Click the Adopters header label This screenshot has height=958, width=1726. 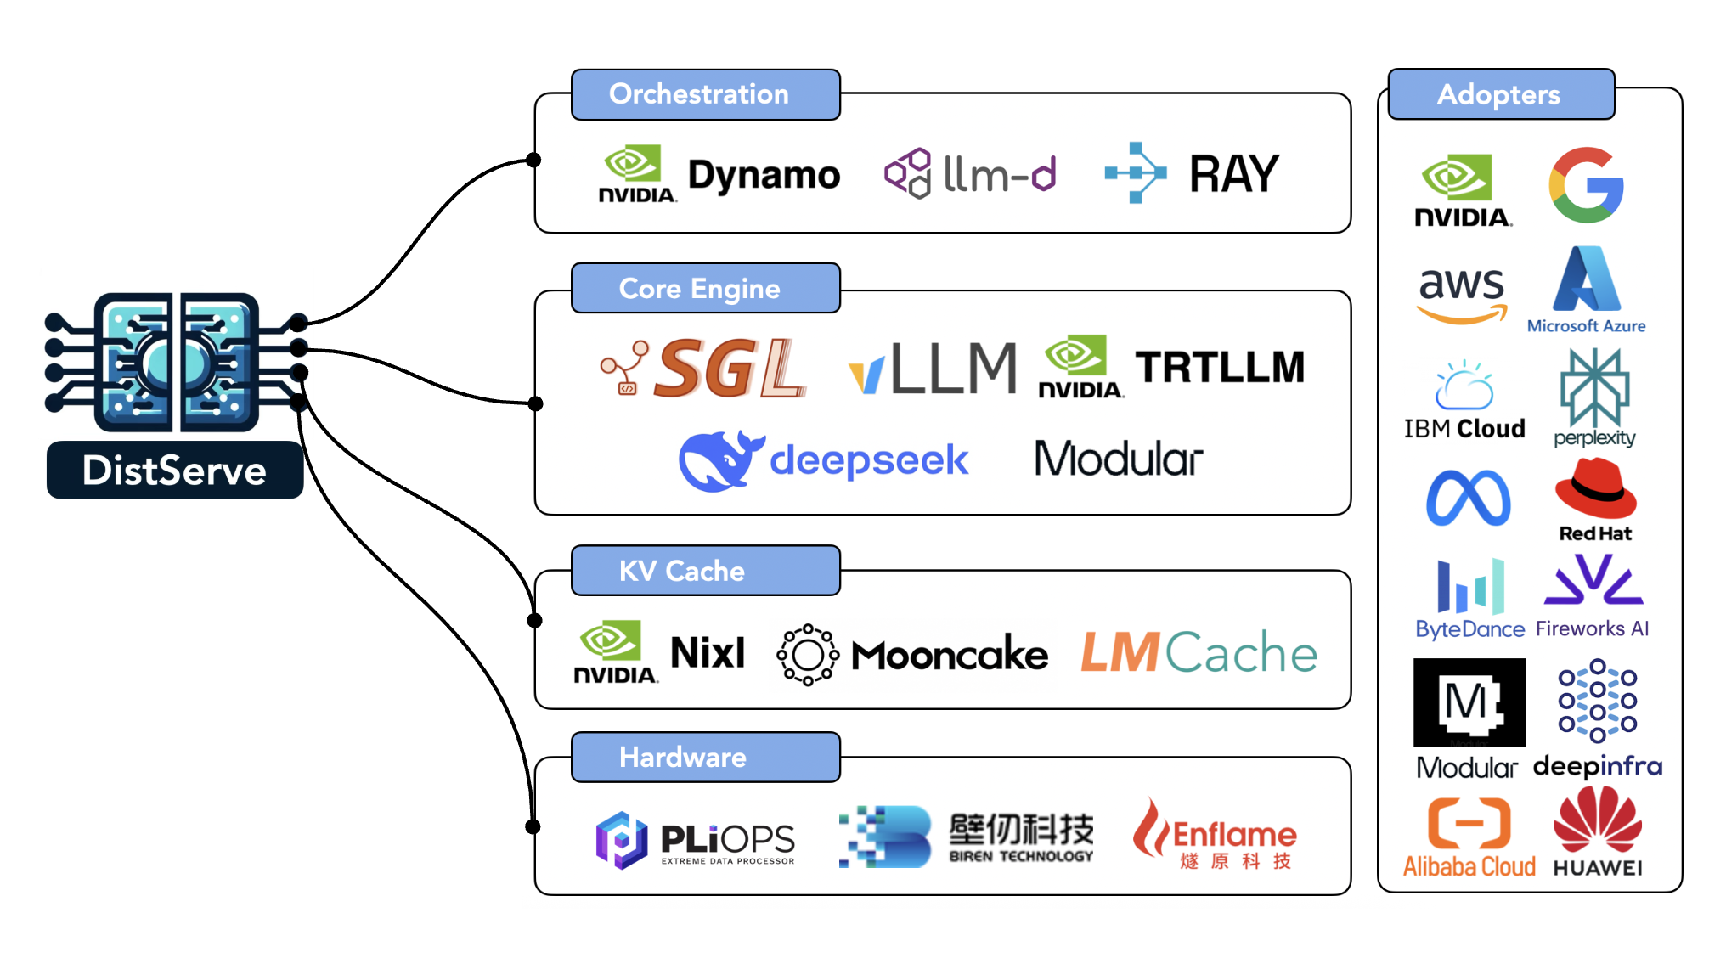click(1500, 94)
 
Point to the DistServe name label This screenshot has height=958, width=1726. click(175, 470)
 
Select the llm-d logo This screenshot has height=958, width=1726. click(970, 174)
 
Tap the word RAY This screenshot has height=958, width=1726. click(1233, 174)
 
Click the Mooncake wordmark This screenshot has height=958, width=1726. click(949, 655)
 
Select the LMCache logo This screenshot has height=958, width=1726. click(1198, 653)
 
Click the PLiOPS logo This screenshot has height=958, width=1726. click(695, 840)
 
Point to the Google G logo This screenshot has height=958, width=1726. click(1586, 185)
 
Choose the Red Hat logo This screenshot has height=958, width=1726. click(1595, 499)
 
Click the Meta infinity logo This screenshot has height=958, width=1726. click(1468, 498)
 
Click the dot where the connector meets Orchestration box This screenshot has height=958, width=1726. click(533, 160)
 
